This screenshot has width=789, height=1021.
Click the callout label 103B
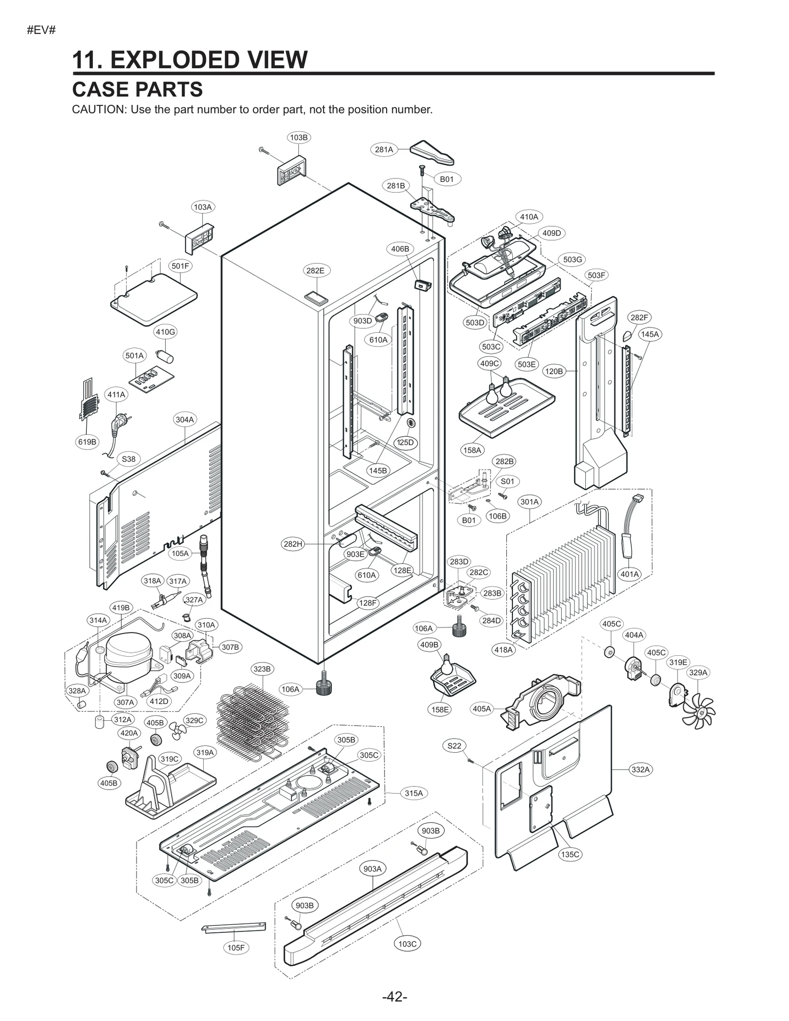pos(298,138)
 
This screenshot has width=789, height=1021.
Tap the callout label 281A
pos(384,149)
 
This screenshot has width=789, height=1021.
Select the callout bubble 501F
pos(180,266)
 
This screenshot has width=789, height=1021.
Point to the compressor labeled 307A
pos(127,656)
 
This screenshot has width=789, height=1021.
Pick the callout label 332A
pos(641,769)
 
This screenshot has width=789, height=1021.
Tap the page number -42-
pos(394,997)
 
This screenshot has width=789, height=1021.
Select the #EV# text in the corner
pos(41,30)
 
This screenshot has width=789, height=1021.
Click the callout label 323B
pos(262,669)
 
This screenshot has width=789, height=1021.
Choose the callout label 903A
pos(372,869)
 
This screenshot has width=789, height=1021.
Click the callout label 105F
pos(236,948)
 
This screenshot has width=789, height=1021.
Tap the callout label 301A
pos(530,502)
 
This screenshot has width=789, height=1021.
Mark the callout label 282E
pos(315,271)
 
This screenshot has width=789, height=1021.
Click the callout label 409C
pos(490,364)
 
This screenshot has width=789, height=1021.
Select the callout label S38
pos(128,459)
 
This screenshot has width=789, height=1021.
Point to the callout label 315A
pos(414,793)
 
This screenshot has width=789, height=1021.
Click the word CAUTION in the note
pos(99,110)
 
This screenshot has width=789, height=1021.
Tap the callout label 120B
pos(553,371)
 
